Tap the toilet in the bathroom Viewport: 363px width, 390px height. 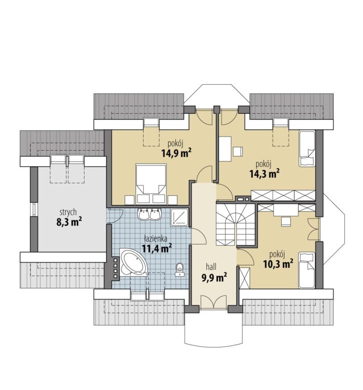pyautogui.click(x=179, y=270)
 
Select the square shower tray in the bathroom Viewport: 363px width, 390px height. pyautogui.click(x=179, y=218)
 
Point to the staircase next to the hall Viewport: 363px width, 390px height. pyautogui.click(x=235, y=225)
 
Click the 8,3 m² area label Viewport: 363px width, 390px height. pyautogui.click(x=69, y=222)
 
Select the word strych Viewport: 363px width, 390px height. pyautogui.click(x=68, y=212)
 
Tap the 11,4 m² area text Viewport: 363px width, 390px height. pyautogui.click(x=157, y=248)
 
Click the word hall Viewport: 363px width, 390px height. pyautogui.click(x=211, y=267)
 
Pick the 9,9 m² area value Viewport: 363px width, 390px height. pyautogui.click(x=214, y=278)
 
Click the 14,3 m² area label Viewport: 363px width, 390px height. pyautogui.click(x=264, y=174)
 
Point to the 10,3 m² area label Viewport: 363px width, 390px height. pyautogui.click(x=278, y=264)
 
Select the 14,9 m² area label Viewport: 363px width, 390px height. pyautogui.click(x=176, y=153)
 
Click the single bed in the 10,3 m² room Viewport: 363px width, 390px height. pyautogui.click(x=307, y=270)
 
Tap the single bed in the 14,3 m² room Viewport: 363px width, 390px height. pyautogui.click(x=307, y=148)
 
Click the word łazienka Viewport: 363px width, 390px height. pyautogui.click(x=156, y=238)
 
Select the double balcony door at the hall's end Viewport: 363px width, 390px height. pyautogui.click(x=214, y=302)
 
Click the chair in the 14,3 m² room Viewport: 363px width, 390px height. pyautogui.click(x=238, y=152)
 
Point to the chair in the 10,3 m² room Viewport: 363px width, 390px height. pyautogui.click(x=286, y=222)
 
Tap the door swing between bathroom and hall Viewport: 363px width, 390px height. pyautogui.click(x=199, y=236)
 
